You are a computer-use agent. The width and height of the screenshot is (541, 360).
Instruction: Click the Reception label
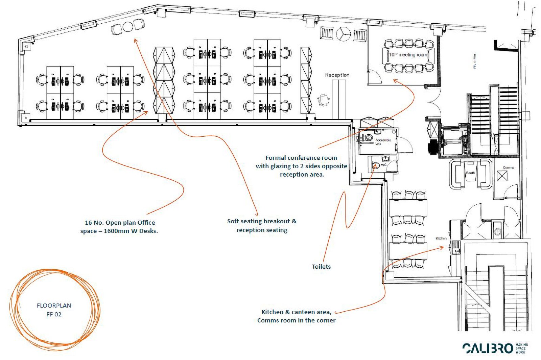coord(337,75)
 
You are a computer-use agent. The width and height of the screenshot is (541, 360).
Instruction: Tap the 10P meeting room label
coord(408,54)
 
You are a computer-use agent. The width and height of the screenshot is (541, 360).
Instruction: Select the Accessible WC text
coord(383,142)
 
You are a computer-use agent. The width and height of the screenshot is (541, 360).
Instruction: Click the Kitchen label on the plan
coord(441,238)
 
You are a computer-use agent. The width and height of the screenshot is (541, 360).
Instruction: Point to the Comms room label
coord(508,167)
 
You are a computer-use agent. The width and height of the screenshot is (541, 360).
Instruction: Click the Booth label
coord(470,173)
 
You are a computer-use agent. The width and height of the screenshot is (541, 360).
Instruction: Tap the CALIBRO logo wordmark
coord(488,348)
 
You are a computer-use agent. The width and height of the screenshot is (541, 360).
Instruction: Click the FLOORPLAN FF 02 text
coord(54,310)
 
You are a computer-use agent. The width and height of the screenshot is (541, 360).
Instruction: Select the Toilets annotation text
coord(321,267)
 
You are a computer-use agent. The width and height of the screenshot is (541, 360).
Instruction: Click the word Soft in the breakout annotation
coord(233,221)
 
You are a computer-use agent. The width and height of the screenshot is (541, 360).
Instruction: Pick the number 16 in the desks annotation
coord(88,223)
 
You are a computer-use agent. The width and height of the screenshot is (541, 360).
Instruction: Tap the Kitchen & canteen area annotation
coord(296,312)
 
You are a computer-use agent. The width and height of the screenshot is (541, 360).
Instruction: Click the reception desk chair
coord(324,100)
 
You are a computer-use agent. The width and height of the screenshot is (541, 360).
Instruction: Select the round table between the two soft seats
coord(128,27)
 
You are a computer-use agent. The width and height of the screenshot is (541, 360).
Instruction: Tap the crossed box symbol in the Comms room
coord(502,176)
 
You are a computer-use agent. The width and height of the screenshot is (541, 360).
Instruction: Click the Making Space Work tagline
coord(522,348)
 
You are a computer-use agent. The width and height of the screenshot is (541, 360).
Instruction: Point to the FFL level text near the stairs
coord(475,61)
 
